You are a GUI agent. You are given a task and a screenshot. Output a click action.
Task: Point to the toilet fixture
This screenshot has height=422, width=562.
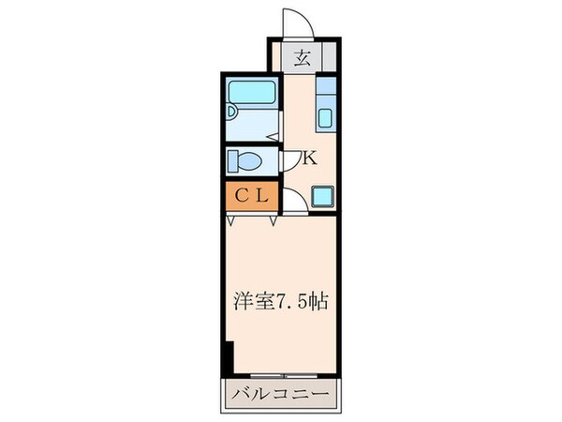point(246,161)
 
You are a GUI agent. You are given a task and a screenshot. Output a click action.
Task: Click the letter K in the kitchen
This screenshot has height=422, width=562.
point(310,158)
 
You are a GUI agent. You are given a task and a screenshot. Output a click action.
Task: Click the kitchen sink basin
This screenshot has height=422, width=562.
point(327,119)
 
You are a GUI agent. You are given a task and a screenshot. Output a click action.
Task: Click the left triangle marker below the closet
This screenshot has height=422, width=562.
point(230,221)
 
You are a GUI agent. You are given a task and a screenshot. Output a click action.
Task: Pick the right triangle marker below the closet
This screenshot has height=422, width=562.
point(274,221)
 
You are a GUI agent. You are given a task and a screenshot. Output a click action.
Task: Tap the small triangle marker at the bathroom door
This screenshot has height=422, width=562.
point(270,139)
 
